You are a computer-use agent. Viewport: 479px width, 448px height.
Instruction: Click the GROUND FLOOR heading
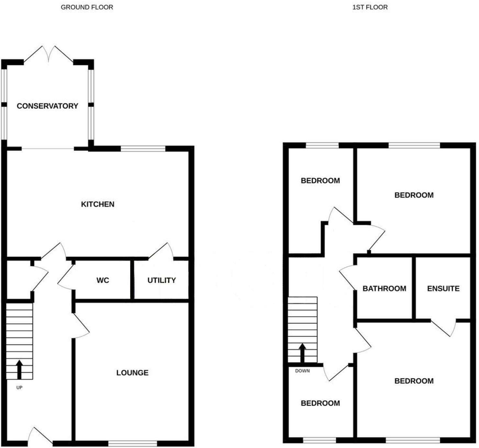pos(87,7)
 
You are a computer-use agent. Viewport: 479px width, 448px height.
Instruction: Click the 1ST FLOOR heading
pos(370,7)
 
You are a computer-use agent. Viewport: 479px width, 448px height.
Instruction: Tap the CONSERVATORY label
pos(47,106)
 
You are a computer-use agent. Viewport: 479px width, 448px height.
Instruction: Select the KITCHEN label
pos(97,204)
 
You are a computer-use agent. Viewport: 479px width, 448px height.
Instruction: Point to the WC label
pos(103,280)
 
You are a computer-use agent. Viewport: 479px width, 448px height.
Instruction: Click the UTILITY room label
pos(162,280)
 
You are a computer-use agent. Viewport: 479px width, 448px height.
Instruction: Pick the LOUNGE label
pos(132,373)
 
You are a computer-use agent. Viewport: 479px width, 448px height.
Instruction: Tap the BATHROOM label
pos(384,289)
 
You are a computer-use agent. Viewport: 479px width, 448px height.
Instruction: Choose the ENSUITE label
pos(443,289)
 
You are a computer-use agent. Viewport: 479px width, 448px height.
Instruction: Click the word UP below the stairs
pos(19,387)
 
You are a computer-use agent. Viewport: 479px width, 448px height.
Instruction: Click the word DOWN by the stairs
pos(302,371)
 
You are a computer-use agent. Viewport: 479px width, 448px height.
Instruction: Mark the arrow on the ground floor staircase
pos(19,369)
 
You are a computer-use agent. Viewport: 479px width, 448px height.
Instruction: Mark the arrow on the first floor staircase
pos(302,353)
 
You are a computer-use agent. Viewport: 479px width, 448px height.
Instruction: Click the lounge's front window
pos(132,443)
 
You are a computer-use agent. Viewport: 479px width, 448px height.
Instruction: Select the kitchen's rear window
pos(143,149)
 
